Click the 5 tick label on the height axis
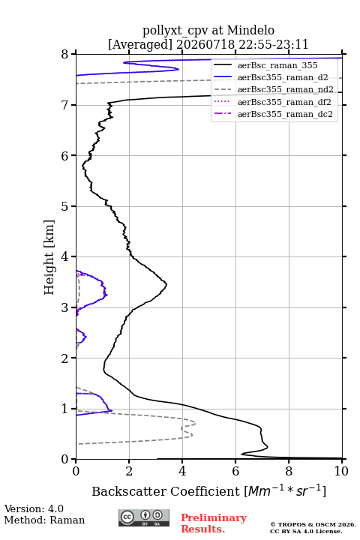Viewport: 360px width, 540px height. (x=65, y=206)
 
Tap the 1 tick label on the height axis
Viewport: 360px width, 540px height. (x=65, y=409)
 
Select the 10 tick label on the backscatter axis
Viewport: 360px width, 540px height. (x=341, y=471)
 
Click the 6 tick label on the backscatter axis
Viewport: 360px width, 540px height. (x=235, y=471)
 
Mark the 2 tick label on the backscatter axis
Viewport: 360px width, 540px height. (x=129, y=471)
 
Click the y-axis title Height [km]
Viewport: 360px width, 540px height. (x=49, y=257)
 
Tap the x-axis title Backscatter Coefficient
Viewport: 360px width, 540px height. (x=165, y=491)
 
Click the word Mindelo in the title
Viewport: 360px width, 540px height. (x=250, y=30)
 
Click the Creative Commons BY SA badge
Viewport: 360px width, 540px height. (x=144, y=517)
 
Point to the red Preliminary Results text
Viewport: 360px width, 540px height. (x=214, y=523)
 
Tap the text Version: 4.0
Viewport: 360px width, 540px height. (x=34, y=508)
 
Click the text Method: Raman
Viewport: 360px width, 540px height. (x=44, y=520)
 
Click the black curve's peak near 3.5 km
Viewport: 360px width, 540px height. (x=166, y=284)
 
